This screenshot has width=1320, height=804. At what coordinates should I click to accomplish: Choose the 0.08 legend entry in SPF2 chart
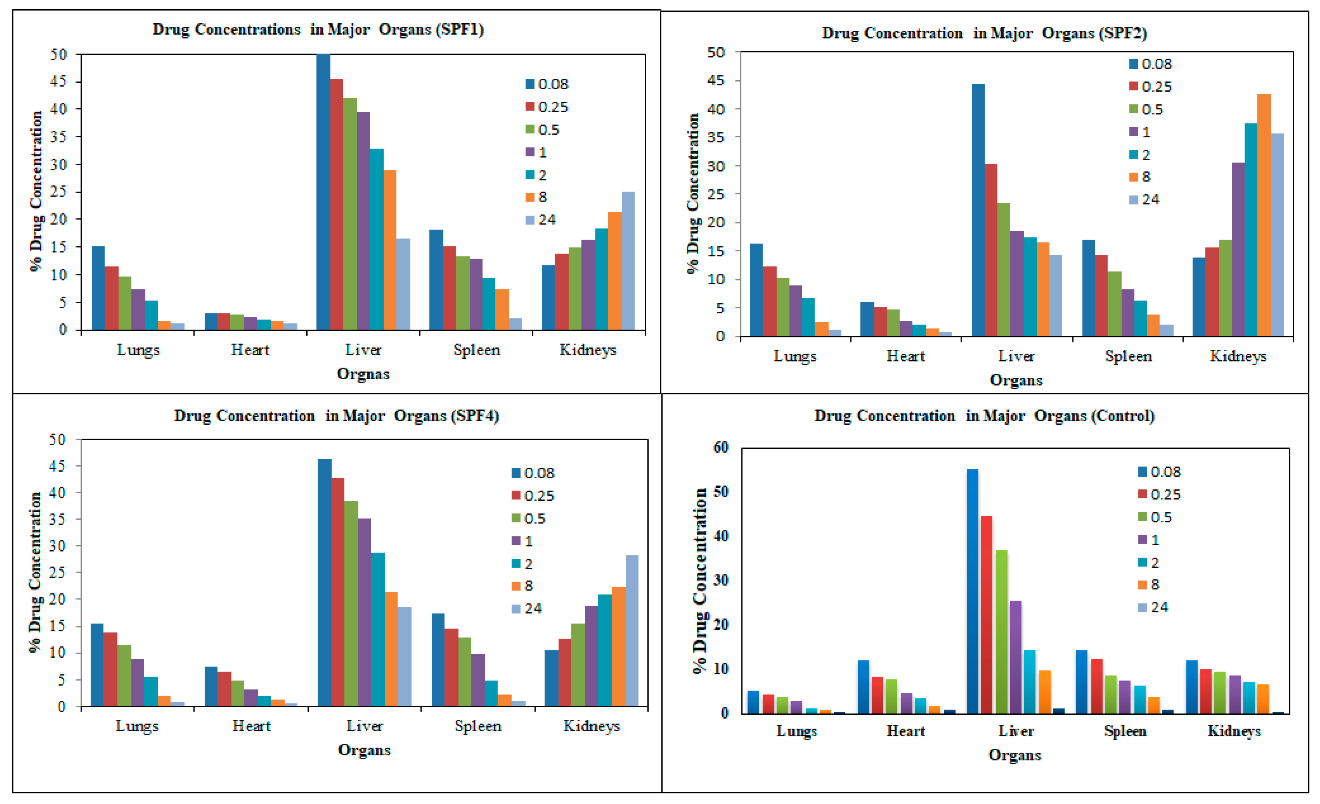coord(1151,64)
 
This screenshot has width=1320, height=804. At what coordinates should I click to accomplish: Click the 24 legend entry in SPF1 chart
coord(541,220)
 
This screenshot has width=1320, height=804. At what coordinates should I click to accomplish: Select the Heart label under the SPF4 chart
coord(251,726)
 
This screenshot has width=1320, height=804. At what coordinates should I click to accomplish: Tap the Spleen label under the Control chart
coord(1125,731)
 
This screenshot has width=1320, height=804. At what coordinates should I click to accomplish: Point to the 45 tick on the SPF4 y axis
coord(57,466)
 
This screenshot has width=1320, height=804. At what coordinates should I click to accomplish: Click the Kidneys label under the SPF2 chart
coord(1238,356)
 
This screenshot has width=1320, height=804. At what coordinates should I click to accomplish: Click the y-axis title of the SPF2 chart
coord(693,193)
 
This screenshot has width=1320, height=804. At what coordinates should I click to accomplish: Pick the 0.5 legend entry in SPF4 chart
coord(529,519)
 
